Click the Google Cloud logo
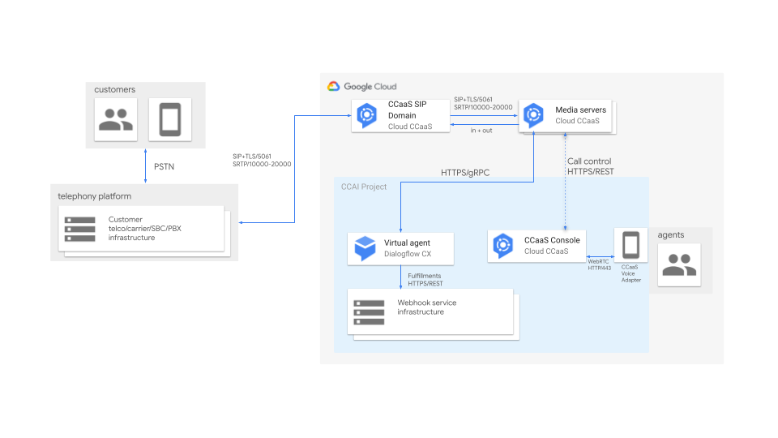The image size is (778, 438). point(333,86)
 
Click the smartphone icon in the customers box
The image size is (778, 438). point(170,121)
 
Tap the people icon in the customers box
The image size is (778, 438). point(116,121)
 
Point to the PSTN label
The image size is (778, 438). point(165,167)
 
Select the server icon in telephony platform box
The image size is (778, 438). point(80,228)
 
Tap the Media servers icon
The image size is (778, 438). point(533,115)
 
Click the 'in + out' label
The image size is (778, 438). point(481,131)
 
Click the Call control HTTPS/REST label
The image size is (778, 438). point(588,166)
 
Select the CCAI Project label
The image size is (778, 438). point(364,187)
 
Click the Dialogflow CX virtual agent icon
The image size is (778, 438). point(364,247)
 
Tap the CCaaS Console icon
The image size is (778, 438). point(503,246)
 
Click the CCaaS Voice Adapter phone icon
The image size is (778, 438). point(630,244)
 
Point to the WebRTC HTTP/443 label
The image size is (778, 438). point(599,264)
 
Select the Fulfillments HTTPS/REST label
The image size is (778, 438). point(425,280)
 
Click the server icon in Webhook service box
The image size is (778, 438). point(369,312)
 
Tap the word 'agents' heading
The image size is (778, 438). point(671,235)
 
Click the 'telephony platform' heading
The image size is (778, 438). point(94,196)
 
